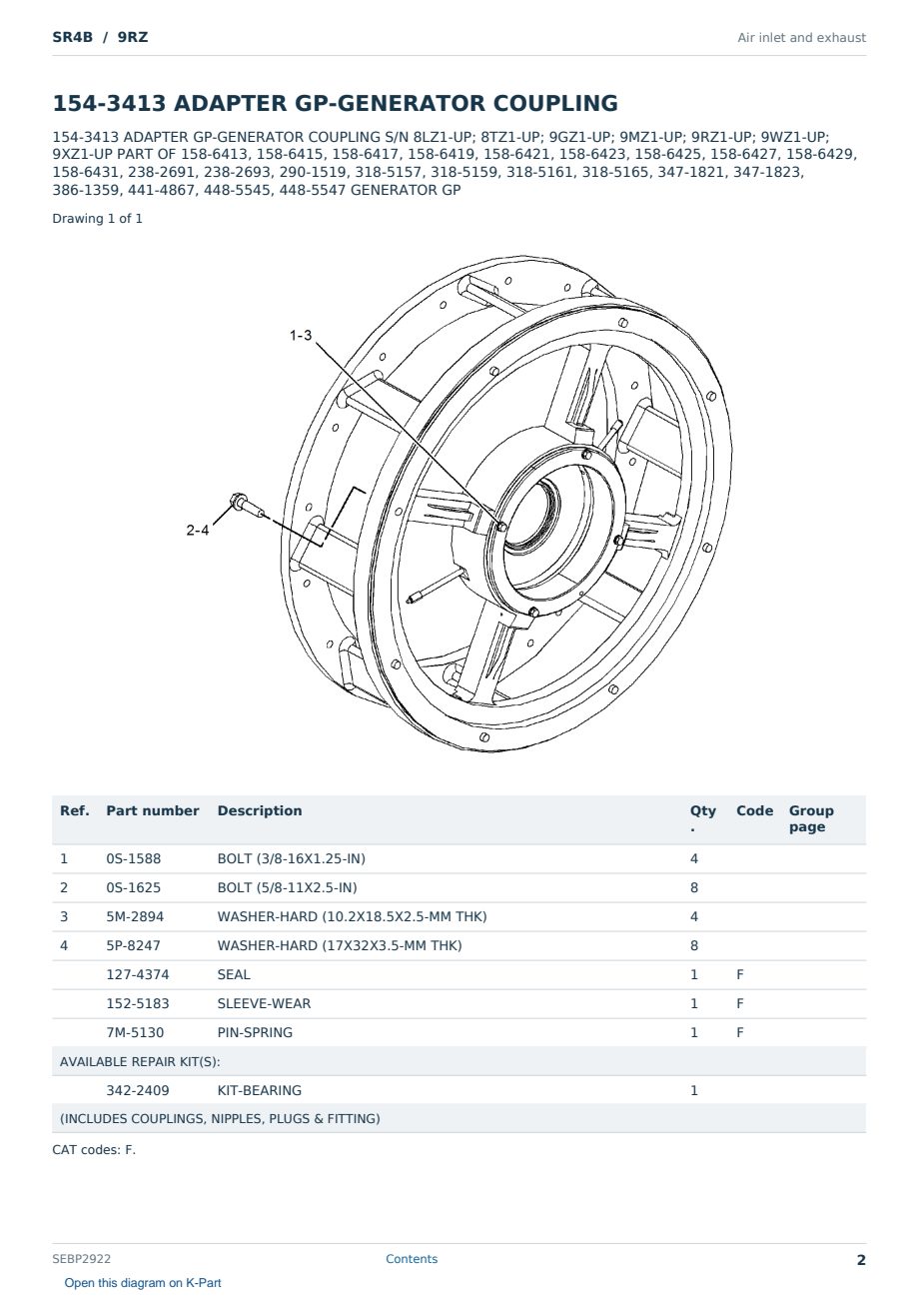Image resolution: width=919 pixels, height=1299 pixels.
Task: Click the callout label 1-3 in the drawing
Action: click(x=301, y=335)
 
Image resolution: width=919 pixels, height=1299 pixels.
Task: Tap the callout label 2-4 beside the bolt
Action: click(x=197, y=530)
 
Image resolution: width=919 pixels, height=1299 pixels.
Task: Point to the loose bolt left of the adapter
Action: click(x=248, y=505)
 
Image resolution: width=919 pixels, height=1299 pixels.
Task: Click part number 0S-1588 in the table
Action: click(x=134, y=859)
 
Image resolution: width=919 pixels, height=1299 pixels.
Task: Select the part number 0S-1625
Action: click(x=134, y=888)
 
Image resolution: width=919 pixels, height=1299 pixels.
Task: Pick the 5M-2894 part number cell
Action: click(x=135, y=917)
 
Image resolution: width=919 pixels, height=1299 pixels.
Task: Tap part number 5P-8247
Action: click(x=133, y=946)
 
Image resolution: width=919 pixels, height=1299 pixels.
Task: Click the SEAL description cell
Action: click(x=234, y=975)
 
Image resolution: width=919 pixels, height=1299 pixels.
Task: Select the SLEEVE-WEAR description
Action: click(x=264, y=1004)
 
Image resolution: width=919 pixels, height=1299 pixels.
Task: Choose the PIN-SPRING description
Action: click(x=255, y=1033)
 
